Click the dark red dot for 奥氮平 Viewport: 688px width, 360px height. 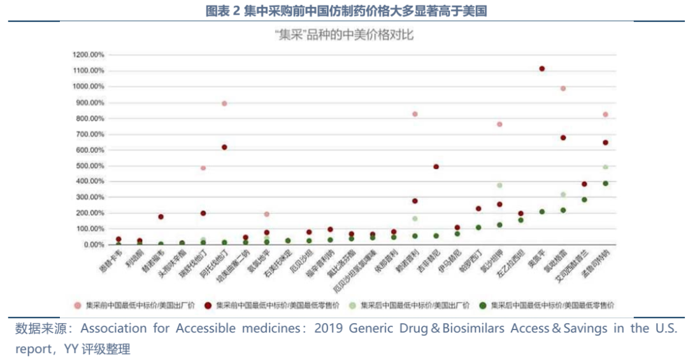pos(542,69)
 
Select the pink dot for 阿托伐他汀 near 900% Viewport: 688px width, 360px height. pos(224,103)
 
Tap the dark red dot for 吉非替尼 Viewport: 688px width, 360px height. pos(436,167)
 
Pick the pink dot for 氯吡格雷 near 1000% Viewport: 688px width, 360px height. pos(563,89)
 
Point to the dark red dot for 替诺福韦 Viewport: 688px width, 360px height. pos(161,217)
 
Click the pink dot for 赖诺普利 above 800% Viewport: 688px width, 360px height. pos(415,114)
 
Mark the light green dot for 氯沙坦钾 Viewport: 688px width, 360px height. pos(499,185)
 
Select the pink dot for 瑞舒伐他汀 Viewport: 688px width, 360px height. pos(203,168)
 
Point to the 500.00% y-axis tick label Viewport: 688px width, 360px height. pos(90,166)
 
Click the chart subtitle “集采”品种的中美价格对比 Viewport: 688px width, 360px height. pos(344,35)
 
